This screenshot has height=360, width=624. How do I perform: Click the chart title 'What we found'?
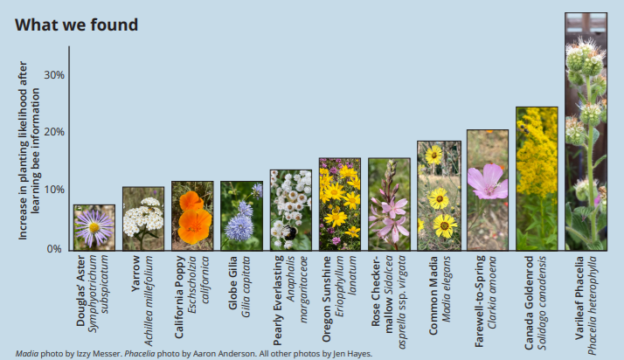point(76,25)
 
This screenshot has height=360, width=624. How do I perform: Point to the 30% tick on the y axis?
point(54,75)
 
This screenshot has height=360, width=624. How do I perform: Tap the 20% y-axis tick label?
point(54,132)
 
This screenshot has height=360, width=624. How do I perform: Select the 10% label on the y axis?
point(54,190)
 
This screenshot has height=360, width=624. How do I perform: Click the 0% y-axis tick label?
point(54,249)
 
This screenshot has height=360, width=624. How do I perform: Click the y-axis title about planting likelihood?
point(29,150)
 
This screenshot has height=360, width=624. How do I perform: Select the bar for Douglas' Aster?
point(94,227)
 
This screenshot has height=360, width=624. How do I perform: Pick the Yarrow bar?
point(143,218)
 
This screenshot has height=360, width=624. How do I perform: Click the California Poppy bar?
point(192,216)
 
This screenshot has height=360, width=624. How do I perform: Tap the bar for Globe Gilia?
point(241,216)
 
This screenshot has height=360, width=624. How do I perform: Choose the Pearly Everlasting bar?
point(291,210)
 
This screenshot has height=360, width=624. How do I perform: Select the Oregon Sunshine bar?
point(340,204)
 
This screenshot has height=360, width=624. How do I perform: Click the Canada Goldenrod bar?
point(537,178)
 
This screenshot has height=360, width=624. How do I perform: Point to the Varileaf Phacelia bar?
point(586,132)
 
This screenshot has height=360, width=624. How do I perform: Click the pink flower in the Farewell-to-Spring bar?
point(488,182)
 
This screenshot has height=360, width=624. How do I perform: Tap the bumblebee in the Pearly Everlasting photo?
point(289,232)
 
